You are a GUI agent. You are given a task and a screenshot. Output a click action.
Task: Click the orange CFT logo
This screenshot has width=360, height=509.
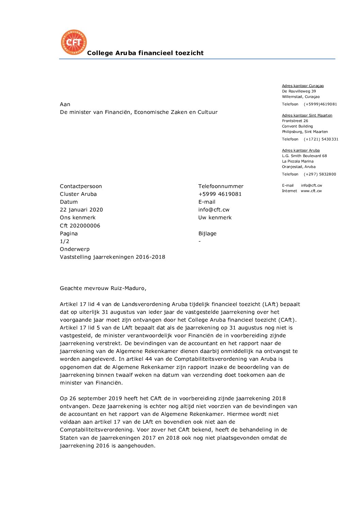pos(74,42)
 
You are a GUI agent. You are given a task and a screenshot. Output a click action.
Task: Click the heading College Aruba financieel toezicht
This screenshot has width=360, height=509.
pos(145,53)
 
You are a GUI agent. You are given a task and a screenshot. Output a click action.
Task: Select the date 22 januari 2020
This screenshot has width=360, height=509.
pos(81,210)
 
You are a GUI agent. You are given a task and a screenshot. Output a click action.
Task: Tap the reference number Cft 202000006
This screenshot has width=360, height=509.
pos(80,226)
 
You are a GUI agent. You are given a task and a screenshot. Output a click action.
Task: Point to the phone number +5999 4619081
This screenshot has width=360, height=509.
pos(220,194)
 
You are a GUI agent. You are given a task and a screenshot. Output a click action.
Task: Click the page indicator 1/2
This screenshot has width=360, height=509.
pos(65,241)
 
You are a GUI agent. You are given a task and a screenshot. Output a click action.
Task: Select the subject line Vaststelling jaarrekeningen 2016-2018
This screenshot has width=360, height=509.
pos(112,257)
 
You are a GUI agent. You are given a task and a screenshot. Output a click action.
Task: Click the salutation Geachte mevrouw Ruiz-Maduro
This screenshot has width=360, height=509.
pos(103,288)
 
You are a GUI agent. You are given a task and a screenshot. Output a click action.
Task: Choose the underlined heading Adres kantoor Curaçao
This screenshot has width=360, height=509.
pos(303,86)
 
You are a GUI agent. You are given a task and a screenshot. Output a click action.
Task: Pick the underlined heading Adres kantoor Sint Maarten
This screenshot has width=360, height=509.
pos(307,116)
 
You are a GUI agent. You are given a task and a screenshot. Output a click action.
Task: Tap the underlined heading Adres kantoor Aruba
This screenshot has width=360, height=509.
pos(301,151)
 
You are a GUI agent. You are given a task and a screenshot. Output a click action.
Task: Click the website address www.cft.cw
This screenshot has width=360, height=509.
pos(311,191)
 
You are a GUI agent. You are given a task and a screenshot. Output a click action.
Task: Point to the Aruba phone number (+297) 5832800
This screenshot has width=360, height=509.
pos(320,174)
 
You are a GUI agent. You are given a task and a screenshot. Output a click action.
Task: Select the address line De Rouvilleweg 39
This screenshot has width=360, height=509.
pos(299,91)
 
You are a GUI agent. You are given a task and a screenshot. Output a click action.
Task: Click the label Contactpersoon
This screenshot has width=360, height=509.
pos(81,186)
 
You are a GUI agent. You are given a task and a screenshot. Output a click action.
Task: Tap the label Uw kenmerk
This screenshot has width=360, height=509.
pos(215,218)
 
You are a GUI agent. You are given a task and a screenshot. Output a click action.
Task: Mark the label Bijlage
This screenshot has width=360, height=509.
pos(207,234)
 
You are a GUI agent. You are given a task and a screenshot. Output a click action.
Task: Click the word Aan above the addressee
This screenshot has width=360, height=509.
pos(65,104)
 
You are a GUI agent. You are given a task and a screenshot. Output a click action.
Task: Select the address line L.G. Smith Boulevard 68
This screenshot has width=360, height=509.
pos(304,156)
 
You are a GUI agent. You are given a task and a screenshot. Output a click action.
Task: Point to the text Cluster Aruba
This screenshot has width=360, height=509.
pos(78,194)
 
